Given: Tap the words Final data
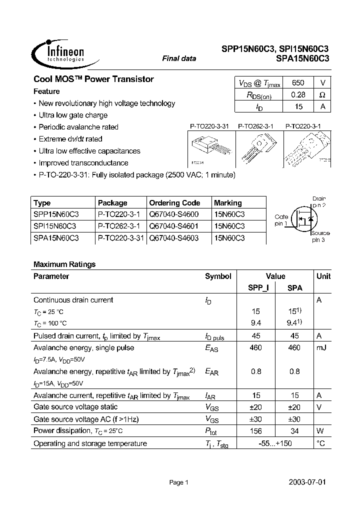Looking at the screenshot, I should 179,58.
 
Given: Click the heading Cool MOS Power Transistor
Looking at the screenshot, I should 93,79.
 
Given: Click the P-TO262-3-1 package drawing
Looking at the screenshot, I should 255,148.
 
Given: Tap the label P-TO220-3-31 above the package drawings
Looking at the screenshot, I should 209,127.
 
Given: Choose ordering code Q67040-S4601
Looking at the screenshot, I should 173,226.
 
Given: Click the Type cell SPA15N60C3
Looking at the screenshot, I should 56,238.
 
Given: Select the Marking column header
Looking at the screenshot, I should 227,203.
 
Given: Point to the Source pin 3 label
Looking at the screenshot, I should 320,236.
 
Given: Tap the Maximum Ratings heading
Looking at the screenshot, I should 64,264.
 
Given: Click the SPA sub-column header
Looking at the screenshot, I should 294,288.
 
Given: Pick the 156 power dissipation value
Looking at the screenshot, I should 255,431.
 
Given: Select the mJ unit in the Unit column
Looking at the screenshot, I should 321,347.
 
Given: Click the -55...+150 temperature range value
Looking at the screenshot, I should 275,443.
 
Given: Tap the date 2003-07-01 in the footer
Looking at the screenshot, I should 307,482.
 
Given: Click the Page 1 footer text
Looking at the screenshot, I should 178,482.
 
